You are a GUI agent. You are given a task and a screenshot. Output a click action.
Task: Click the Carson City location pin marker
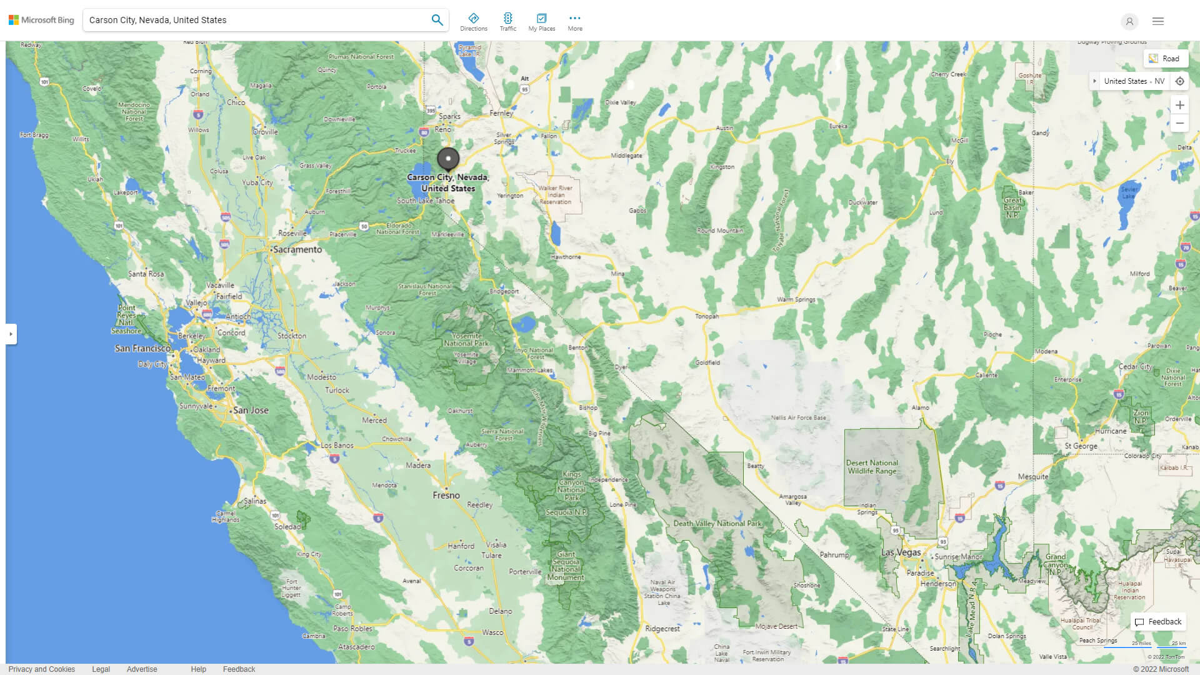click(448, 159)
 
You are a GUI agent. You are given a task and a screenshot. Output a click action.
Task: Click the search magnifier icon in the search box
click(437, 20)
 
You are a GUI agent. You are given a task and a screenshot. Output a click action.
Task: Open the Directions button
click(474, 22)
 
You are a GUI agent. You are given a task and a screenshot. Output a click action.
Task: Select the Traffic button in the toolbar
click(507, 22)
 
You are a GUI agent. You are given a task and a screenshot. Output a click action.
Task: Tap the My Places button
click(541, 22)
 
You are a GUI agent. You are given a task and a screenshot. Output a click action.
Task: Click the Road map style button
click(1165, 59)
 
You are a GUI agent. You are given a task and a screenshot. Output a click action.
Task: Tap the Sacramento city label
click(297, 249)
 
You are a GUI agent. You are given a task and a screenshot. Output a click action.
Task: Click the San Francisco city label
click(142, 348)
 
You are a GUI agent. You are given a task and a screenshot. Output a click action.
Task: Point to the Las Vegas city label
click(901, 552)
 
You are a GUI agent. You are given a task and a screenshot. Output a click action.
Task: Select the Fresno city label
click(446, 495)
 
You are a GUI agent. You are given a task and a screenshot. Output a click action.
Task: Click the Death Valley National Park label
click(717, 524)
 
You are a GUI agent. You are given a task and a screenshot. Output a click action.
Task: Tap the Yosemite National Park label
click(466, 339)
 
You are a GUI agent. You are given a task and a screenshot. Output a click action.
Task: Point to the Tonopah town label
click(707, 316)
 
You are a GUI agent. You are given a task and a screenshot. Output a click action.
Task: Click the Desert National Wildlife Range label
click(872, 467)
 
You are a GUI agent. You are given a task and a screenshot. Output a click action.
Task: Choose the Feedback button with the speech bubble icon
click(1158, 622)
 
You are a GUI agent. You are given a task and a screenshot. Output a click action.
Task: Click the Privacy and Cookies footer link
click(42, 669)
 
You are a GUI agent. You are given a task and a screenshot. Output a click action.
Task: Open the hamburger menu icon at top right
click(1158, 21)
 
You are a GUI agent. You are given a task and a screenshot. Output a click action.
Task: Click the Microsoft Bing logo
click(41, 20)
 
